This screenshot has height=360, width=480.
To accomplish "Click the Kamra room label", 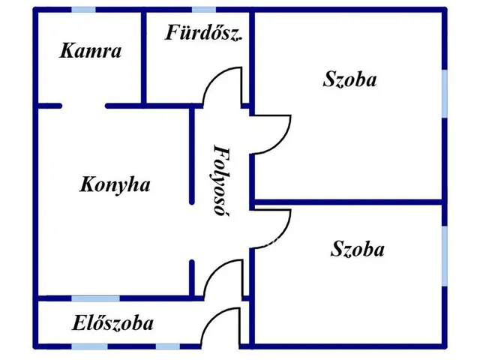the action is click(x=91, y=51).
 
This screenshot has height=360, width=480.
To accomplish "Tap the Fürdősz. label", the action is click(x=204, y=32).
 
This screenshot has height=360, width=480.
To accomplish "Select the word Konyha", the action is click(x=115, y=185).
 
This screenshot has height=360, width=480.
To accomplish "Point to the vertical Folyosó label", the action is click(x=221, y=181).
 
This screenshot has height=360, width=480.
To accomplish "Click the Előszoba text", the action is click(x=112, y=323).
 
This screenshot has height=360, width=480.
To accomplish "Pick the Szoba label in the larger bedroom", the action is click(x=350, y=79).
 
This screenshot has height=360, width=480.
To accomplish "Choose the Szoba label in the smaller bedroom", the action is click(x=358, y=248).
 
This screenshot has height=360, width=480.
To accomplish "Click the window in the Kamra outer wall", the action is click(x=83, y=10).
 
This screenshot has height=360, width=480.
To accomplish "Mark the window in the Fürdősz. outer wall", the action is click(x=204, y=10).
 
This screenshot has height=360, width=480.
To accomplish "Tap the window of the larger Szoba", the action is click(x=445, y=94).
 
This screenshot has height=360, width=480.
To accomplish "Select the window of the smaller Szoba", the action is click(x=445, y=256).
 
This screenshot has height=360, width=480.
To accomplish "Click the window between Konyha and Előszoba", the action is click(x=95, y=298).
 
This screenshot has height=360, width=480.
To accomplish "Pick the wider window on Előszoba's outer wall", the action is click(x=90, y=346).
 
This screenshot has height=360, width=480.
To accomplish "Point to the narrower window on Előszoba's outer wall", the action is click(x=168, y=346).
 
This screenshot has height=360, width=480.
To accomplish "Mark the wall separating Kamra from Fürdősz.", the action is click(x=143, y=58).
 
